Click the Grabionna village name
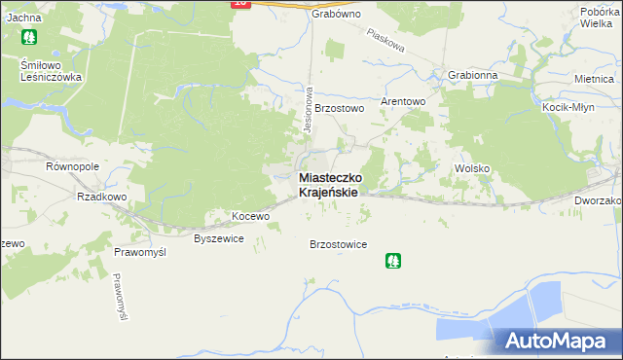coord(473,75)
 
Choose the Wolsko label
coord(472,168)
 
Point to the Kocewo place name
coord(249,215)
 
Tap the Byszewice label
coord(219,237)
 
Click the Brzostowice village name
coord(338,244)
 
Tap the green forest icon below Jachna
coord(28,39)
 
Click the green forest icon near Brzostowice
coord(392,261)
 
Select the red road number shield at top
coord(241,4)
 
